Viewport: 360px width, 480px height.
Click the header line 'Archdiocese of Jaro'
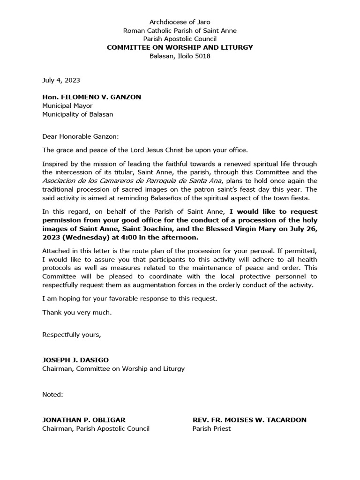click(180, 22)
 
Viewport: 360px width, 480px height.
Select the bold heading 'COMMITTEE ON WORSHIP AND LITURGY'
click(180, 47)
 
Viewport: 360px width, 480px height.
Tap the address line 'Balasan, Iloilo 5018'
click(180, 56)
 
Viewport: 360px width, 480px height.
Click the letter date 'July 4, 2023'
click(61, 81)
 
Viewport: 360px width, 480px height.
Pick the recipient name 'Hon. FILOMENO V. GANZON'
click(91, 97)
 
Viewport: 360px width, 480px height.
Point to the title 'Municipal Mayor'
click(67, 105)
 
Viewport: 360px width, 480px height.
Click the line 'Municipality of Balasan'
click(77, 114)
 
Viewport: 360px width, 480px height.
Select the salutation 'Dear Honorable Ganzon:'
click(81, 136)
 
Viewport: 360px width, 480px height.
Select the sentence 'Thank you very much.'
click(77, 312)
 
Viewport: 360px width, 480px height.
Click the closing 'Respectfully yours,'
click(72, 334)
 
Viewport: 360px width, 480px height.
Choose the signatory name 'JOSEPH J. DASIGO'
click(75, 360)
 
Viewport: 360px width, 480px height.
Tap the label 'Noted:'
click(52, 394)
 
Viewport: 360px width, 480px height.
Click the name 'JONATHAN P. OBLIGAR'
click(84, 420)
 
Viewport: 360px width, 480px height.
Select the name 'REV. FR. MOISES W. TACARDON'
click(249, 420)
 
